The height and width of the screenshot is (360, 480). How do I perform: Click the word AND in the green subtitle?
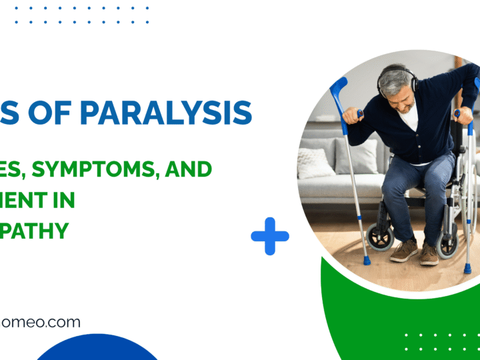click(192, 169)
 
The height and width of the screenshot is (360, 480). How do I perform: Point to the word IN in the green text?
click(65, 199)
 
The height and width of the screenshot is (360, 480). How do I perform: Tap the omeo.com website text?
click(41, 323)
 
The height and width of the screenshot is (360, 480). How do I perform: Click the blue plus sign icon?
click(270, 235)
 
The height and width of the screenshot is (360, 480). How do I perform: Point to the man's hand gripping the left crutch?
click(351, 116)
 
